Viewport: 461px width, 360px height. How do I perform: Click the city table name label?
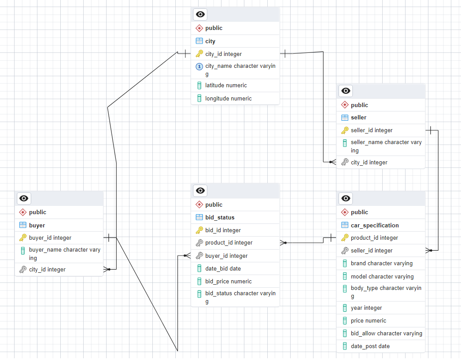pyautogui.click(x=210, y=41)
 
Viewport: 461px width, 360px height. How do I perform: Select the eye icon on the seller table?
pyautogui.click(x=346, y=91)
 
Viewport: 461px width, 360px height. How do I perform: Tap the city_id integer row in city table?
pyautogui.click(x=223, y=54)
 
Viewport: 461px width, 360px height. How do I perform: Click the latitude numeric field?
pyautogui.click(x=226, y=85)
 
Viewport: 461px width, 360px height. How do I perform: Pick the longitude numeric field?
pyautogui.click(x=228, y=98)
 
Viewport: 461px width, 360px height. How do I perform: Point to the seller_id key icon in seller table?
pyautogui.click(x=345, y=130)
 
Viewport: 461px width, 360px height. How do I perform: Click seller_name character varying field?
pyautogui.click(x=386, y=146)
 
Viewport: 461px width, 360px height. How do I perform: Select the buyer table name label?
pyautogui.click(x=37, y=225)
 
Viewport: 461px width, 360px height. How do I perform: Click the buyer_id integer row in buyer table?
pyautogui.click(x=50, y=238)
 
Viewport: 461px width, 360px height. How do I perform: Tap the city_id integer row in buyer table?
pyautogui.click(x=47, y=269)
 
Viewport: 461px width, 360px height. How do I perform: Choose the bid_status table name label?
pyautogui.click(x=220, y=217)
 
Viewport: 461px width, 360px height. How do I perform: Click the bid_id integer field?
pyautogui.click(x=223, y=230)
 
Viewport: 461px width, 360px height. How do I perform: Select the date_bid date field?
pyautogui.click(x=223, y=268)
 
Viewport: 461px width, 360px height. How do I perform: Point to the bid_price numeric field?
pyautogui.click(x=228, y=281)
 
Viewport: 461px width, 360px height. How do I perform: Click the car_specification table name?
pyautogui.click(x=375, y=225)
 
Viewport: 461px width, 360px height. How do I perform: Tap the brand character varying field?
pyautogui.click(x=381, y=263)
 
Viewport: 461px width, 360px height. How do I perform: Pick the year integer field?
pyautogui.click(x=366, y=308)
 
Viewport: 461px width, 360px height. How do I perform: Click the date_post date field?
pyautogui.click(x=370, y=346)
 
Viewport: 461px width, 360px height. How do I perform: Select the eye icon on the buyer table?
pyautogui.click(x=24, y=198)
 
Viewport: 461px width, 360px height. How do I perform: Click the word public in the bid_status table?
pyautogui.click(x=214, y=204)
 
